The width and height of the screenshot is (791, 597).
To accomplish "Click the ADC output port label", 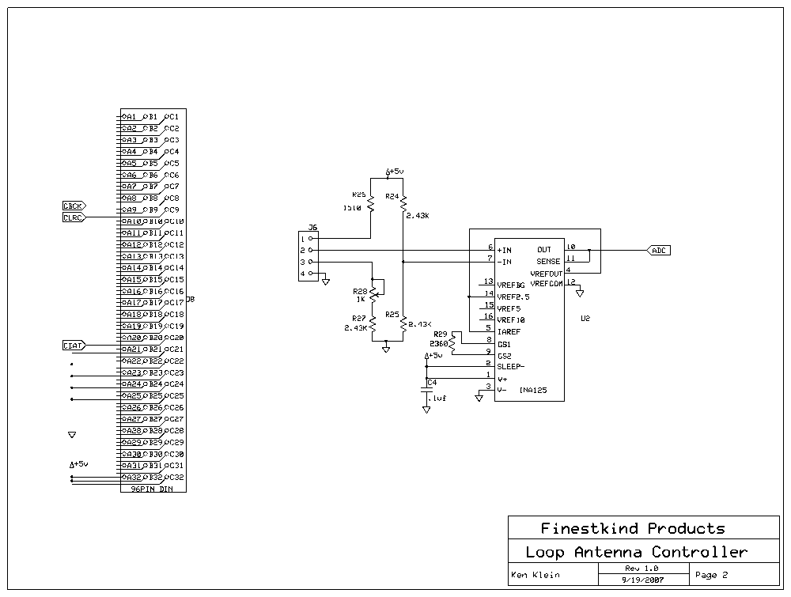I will pyautogui.click(x=659, y=250).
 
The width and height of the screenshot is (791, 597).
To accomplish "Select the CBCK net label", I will pyautogui.click(x=74, y=206).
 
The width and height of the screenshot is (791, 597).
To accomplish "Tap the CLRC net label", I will pyautogui.click(x=74, y=217).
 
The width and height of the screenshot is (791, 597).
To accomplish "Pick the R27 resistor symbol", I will pyautogui.click(x=373, y=324).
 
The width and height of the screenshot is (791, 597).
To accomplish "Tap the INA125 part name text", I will pyautogui.click(x=532, y=390).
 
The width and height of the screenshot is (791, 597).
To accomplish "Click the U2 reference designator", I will pyautogui.click(x=585, y=319).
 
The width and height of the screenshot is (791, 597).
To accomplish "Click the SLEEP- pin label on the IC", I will pyautogui.click(x=512, y=367).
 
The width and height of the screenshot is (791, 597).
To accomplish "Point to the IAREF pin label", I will pyautogui.click(x=509, y=332).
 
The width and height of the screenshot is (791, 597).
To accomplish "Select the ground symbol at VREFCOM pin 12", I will pyautogui.click(x=580, y=293).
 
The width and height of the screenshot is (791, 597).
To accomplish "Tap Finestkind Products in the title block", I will pyautogui.click(x=632, y=528).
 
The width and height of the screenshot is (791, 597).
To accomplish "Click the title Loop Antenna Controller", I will pyautogui.click(x=636, y=552).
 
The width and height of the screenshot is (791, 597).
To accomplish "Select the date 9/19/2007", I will pyautogui.click(x=642, y=579).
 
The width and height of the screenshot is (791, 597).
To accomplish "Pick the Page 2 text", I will pyautogui.click(x=711, y=575).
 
